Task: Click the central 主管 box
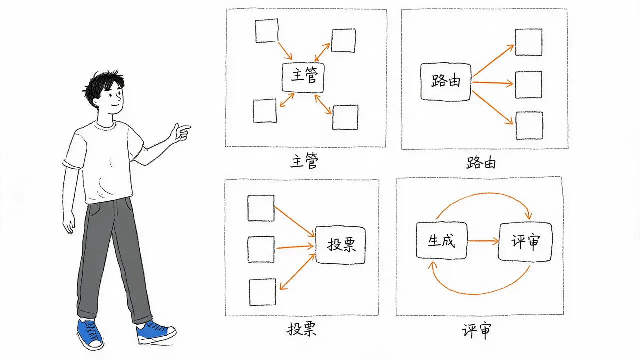tap(303, 78)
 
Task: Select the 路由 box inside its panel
tap(446, 82)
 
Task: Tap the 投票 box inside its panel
tap(340, 245)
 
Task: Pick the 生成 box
tap(442, 241)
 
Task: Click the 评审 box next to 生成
tap(525, 242)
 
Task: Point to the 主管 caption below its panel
tap(304, 161)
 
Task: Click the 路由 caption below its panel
tap(481, 163)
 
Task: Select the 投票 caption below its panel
tap(302, 329)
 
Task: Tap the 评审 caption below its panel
tap(477, 331)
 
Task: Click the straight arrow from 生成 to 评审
tap(483, 241)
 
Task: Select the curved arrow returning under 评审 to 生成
tap(477, 294)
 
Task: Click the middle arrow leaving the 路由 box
tap(493, 83)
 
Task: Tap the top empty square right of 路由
tap(529, 42)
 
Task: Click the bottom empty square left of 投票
tap(263, 292)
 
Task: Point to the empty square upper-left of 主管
tap(267, 31)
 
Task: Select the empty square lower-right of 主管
tap(345, 117)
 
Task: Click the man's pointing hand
tap(181, 132)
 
